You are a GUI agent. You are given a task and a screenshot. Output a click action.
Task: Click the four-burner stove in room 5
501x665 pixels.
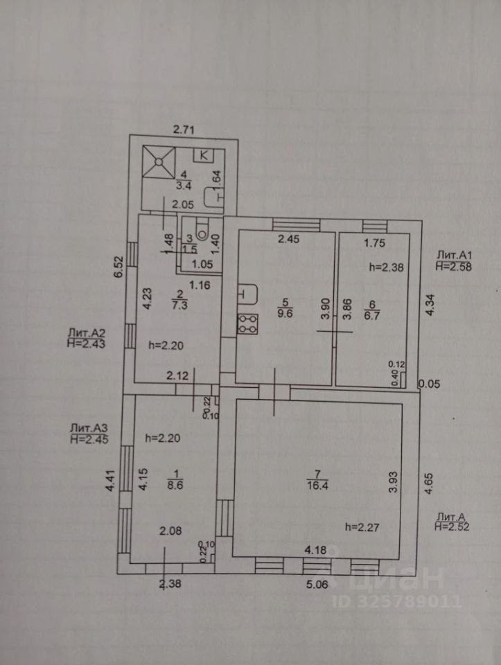coord(247,323)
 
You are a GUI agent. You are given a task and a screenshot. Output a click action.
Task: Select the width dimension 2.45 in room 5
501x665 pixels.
coord(288,240)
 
